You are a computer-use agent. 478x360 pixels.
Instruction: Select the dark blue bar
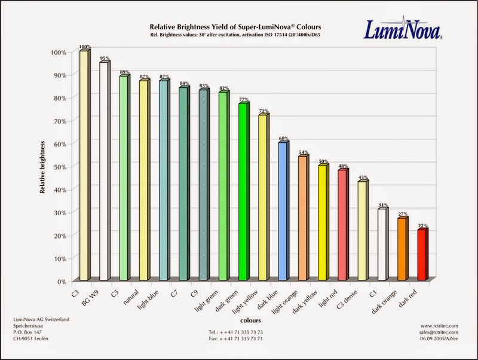283,211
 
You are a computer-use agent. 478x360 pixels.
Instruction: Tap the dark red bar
422,255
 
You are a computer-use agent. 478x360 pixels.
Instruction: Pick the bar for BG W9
104,171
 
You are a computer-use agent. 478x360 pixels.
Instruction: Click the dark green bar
243,191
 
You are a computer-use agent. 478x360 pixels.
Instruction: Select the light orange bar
302,218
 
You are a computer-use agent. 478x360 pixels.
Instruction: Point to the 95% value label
105,59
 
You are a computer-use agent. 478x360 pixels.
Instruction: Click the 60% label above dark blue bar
283,139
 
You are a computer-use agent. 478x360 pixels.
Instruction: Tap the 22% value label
422,226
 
